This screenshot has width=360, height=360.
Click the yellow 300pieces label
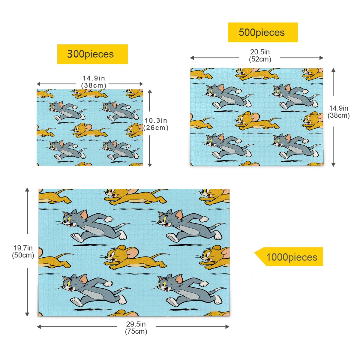click(x=92, y=54)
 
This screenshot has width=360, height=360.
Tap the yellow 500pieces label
click(x=263, y=32)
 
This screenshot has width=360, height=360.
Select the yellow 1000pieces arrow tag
click(x=289, y=256)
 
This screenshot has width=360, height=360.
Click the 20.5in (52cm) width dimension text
click(x=260, y=55)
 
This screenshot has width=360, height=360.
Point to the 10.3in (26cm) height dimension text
click(x=156, y=124)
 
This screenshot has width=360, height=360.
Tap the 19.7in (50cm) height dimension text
click(x=23, y=251)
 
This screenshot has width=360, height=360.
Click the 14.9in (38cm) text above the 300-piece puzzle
click(x=94, y=82)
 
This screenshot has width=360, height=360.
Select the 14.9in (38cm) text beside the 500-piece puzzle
click(x=338, y=112)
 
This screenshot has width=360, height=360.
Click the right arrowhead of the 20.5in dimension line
click(x=322, y=58)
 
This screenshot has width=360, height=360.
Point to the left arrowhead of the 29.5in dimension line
click(x=39, y=327)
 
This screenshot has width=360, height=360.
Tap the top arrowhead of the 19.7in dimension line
click(x=27, y=190)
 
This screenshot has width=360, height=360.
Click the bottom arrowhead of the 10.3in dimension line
click(x=150, y=165)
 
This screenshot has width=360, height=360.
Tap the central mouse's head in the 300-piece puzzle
click(x=80, y=128)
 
